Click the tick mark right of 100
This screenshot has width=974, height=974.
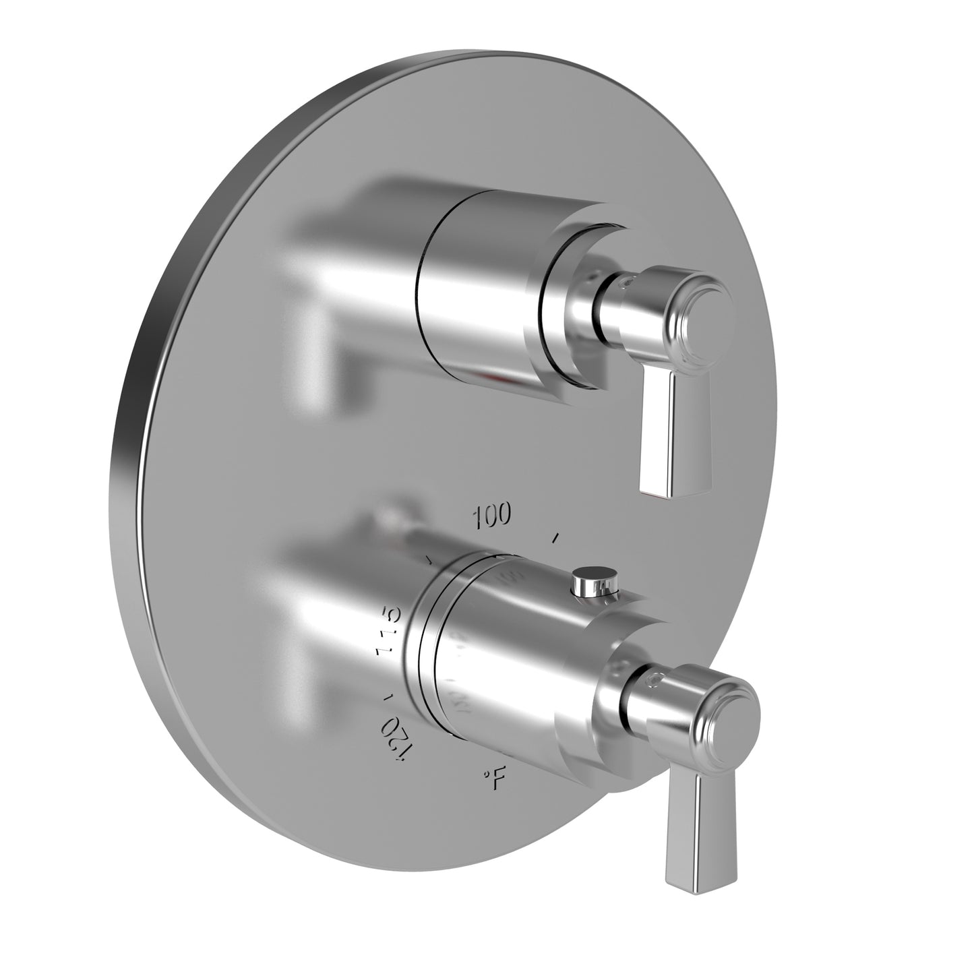click(555, 538)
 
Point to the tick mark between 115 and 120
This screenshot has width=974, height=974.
click(386, 696)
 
